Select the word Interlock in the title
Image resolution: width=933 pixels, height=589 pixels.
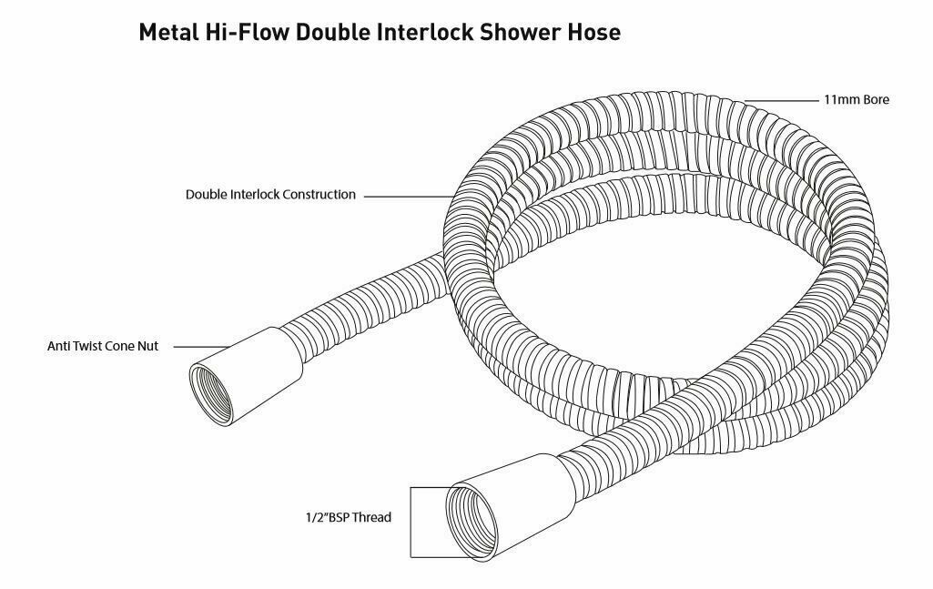(428, 33)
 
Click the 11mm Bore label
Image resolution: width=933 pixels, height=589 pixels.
(856, 99)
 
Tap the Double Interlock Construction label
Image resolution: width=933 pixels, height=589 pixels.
(270, 195)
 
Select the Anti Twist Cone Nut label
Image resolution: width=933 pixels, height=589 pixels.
(103, 347)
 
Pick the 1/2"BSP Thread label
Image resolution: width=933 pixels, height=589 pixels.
(348, 518)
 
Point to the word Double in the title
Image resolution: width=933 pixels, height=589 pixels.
(333, 33)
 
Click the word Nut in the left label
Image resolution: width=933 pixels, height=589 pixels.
(147, 347)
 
